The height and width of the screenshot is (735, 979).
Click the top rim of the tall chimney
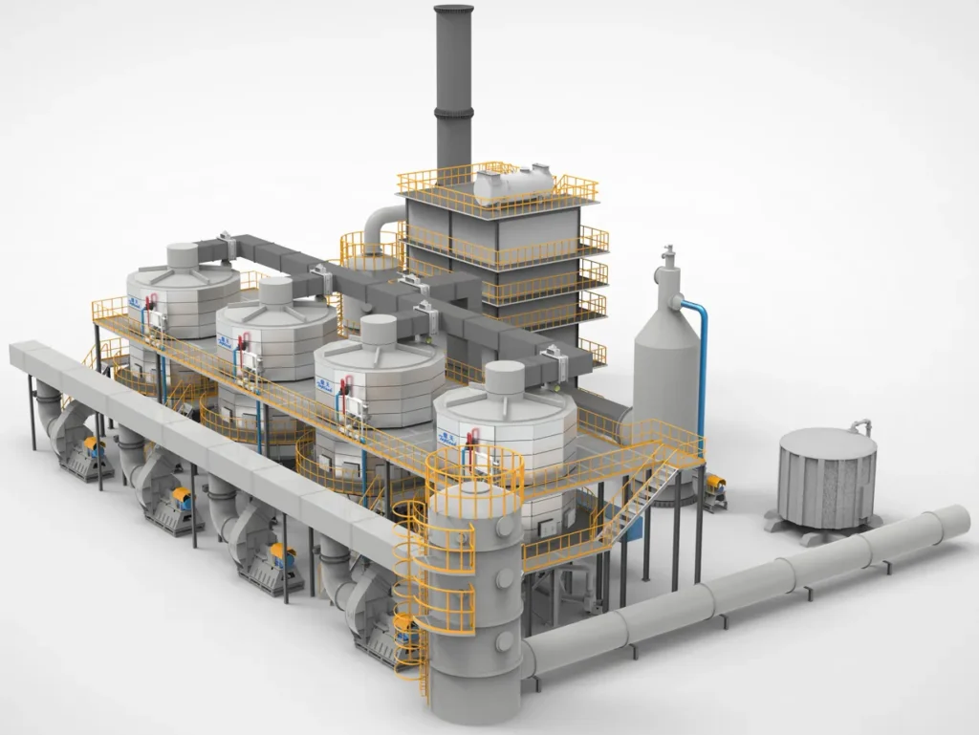tap(453, 11)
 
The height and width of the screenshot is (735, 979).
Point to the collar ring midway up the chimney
tap(453, 112)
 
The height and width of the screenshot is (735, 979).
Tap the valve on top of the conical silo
tap(667, 256)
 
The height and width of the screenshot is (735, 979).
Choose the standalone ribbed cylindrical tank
tap(827, 478)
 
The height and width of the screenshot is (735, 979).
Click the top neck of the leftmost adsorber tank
tap(183, 254)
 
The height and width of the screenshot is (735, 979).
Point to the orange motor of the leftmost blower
tap(93, 444)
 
